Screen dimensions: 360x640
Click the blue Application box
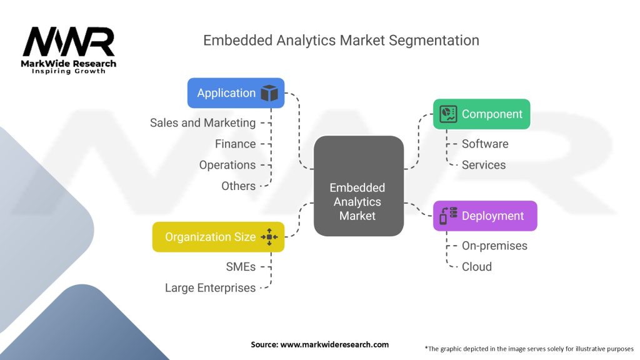[236, 93]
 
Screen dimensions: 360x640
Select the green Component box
[481, 114]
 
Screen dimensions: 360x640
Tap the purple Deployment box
[484, 216]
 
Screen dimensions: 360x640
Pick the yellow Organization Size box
[218, 237]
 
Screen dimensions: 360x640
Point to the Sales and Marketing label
[202, 123]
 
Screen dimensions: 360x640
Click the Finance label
[235, 144]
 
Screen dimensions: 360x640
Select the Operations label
[227, 165]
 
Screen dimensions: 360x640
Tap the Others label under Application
[238, 186]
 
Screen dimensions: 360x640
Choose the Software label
[485, 144]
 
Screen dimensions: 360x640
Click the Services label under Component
[484, 165]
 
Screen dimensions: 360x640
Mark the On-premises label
[494, 246]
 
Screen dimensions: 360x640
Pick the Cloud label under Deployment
[477, 267]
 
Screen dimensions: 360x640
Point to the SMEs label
[241, 267]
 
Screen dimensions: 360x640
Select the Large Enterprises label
[210, 288]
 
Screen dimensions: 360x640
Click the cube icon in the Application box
[269, 93]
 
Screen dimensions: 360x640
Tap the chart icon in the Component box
[448, 114]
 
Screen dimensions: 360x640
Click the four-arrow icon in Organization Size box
[269, 237]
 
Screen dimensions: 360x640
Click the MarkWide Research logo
[69, 50]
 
